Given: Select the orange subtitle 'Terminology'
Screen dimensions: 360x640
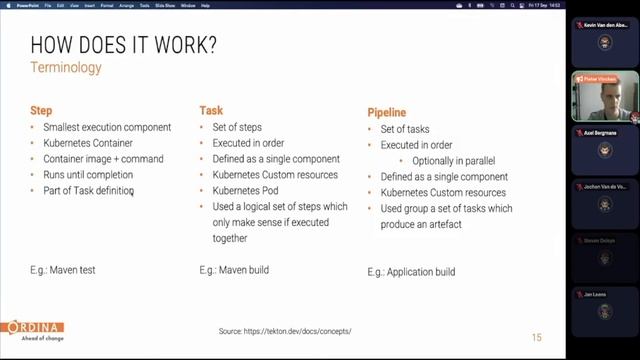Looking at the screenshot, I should (x=66, y=68).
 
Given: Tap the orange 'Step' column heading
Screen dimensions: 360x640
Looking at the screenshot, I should (x=41, y=111).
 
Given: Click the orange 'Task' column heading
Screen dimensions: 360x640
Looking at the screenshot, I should (x=211, y=111).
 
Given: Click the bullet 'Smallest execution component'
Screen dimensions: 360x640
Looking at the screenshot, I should (x=107, y=127).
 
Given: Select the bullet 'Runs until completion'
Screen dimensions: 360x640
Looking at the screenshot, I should (x=88, y=175).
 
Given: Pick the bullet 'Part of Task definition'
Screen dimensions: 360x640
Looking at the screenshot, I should (x=88, y=191).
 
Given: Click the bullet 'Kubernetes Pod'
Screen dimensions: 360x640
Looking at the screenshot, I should (x=246, y=191).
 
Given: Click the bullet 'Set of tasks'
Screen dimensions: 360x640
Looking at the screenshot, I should (x=406, y=129).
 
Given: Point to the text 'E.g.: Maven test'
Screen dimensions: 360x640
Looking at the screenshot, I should (x=63, y=270).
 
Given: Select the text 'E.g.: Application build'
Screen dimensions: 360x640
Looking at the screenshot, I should (x=411, y=272).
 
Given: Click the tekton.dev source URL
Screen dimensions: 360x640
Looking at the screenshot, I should (x=285, y=331).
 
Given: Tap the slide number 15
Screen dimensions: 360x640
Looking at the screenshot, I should (x=536, y=337).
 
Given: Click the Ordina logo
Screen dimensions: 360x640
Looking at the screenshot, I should (x=33, y=330).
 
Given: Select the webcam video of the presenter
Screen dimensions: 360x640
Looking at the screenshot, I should (x=603, y=96).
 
